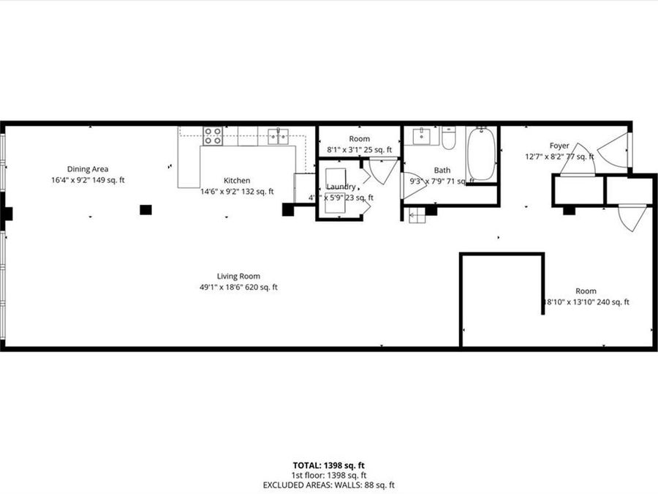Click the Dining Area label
[x=88, y=169]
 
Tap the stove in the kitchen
[x=213, y=135]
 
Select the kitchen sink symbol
[x=278, y=135]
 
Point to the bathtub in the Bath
[x=481, y=154]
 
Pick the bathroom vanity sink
[x=423, y=136]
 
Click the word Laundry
[x=341, y=187]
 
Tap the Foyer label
[x=559, y=146]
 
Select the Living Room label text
[x=238, y=276]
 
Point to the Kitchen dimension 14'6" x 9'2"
[x=237, y=192]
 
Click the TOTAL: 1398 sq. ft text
[x=328, y=465]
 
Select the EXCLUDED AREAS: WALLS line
[x=328, y=484]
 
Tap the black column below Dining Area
[x=145, y=210]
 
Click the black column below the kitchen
[x=288, y=210]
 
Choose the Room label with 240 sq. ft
[x=586, y=291]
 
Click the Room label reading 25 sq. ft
[x=359, y=138]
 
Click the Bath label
[x=442, y=170]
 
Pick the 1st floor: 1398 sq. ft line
[x=328, y=475]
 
